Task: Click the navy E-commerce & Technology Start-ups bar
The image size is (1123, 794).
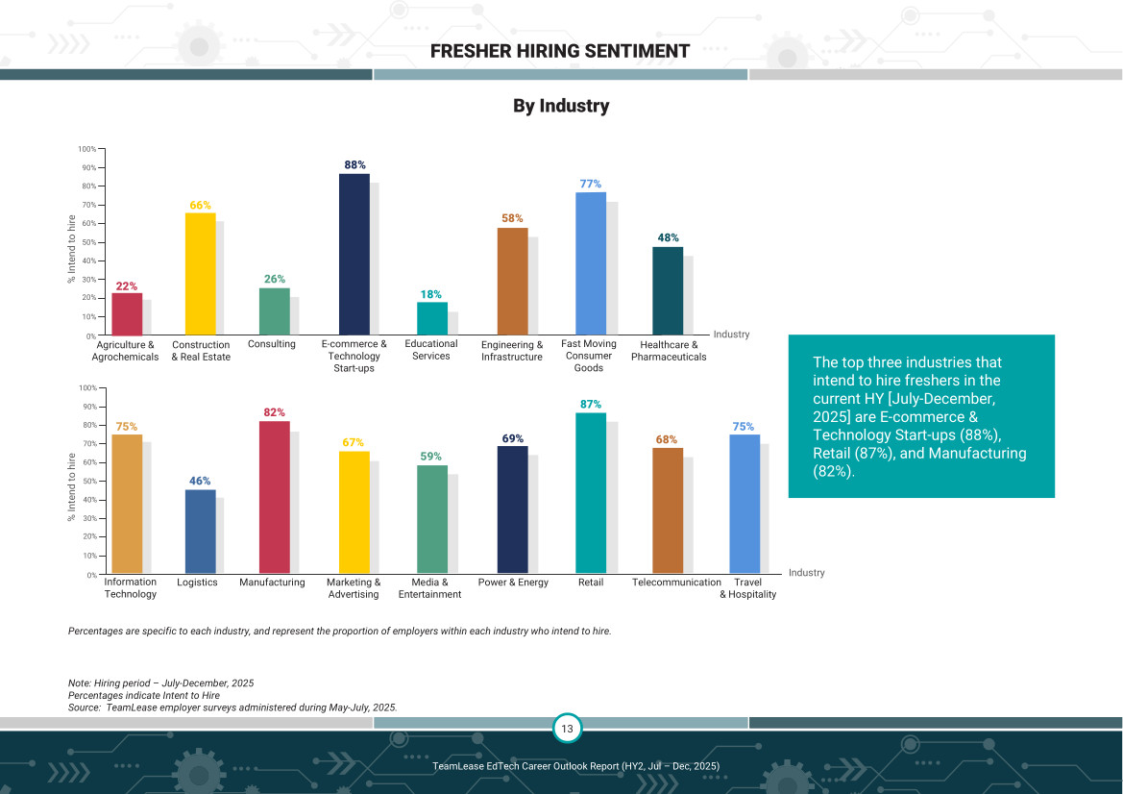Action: (x=354, y=255)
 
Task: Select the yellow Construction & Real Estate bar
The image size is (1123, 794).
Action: (x=200, y=274)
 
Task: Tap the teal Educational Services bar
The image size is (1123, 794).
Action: (x=432, y=318)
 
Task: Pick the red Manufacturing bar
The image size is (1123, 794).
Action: (x=275, y=497)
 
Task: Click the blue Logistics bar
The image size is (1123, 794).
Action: (x=200, y=532)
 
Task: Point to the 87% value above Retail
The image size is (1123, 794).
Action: (x=591, y=405)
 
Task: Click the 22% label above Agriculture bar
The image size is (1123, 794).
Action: (x=127, y=286)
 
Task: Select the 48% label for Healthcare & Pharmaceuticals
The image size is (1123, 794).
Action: (x=668, y=238)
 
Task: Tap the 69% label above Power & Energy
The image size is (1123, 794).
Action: (x=512, y=438)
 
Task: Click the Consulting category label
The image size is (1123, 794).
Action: (x=272, y=344)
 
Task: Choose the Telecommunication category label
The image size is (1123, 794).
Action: (x=676, y=583)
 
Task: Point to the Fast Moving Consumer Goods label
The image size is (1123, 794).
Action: (x=589, y=356)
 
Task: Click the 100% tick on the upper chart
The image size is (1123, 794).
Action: (x=86, y=149)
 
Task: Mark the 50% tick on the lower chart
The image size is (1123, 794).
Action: (x=86, y=482)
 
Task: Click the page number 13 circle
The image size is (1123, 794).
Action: (x=567, y=729)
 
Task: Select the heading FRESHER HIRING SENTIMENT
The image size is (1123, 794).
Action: (x=560, y=51)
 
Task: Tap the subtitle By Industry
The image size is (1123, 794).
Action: (x=561, y=106)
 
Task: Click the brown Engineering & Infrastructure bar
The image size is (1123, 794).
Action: (x=512, y=282)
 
